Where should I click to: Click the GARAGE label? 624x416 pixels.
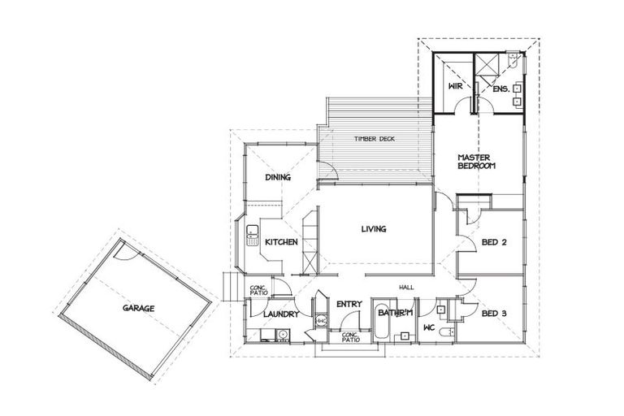pos(138,309)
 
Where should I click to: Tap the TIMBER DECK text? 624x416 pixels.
pos(374,140)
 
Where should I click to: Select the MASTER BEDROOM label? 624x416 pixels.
pos(476,162)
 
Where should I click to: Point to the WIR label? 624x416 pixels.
pos(455,86)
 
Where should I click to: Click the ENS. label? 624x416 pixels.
pos(500,89)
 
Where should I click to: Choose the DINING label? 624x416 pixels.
pos(278,177)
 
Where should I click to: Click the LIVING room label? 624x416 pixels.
pos(374,229)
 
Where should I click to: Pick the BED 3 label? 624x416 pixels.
pos(494,314)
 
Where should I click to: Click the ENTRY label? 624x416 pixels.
pos(349,304)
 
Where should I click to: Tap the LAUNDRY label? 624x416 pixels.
pos(282,314)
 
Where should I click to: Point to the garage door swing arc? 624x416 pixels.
pos(124,254)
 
